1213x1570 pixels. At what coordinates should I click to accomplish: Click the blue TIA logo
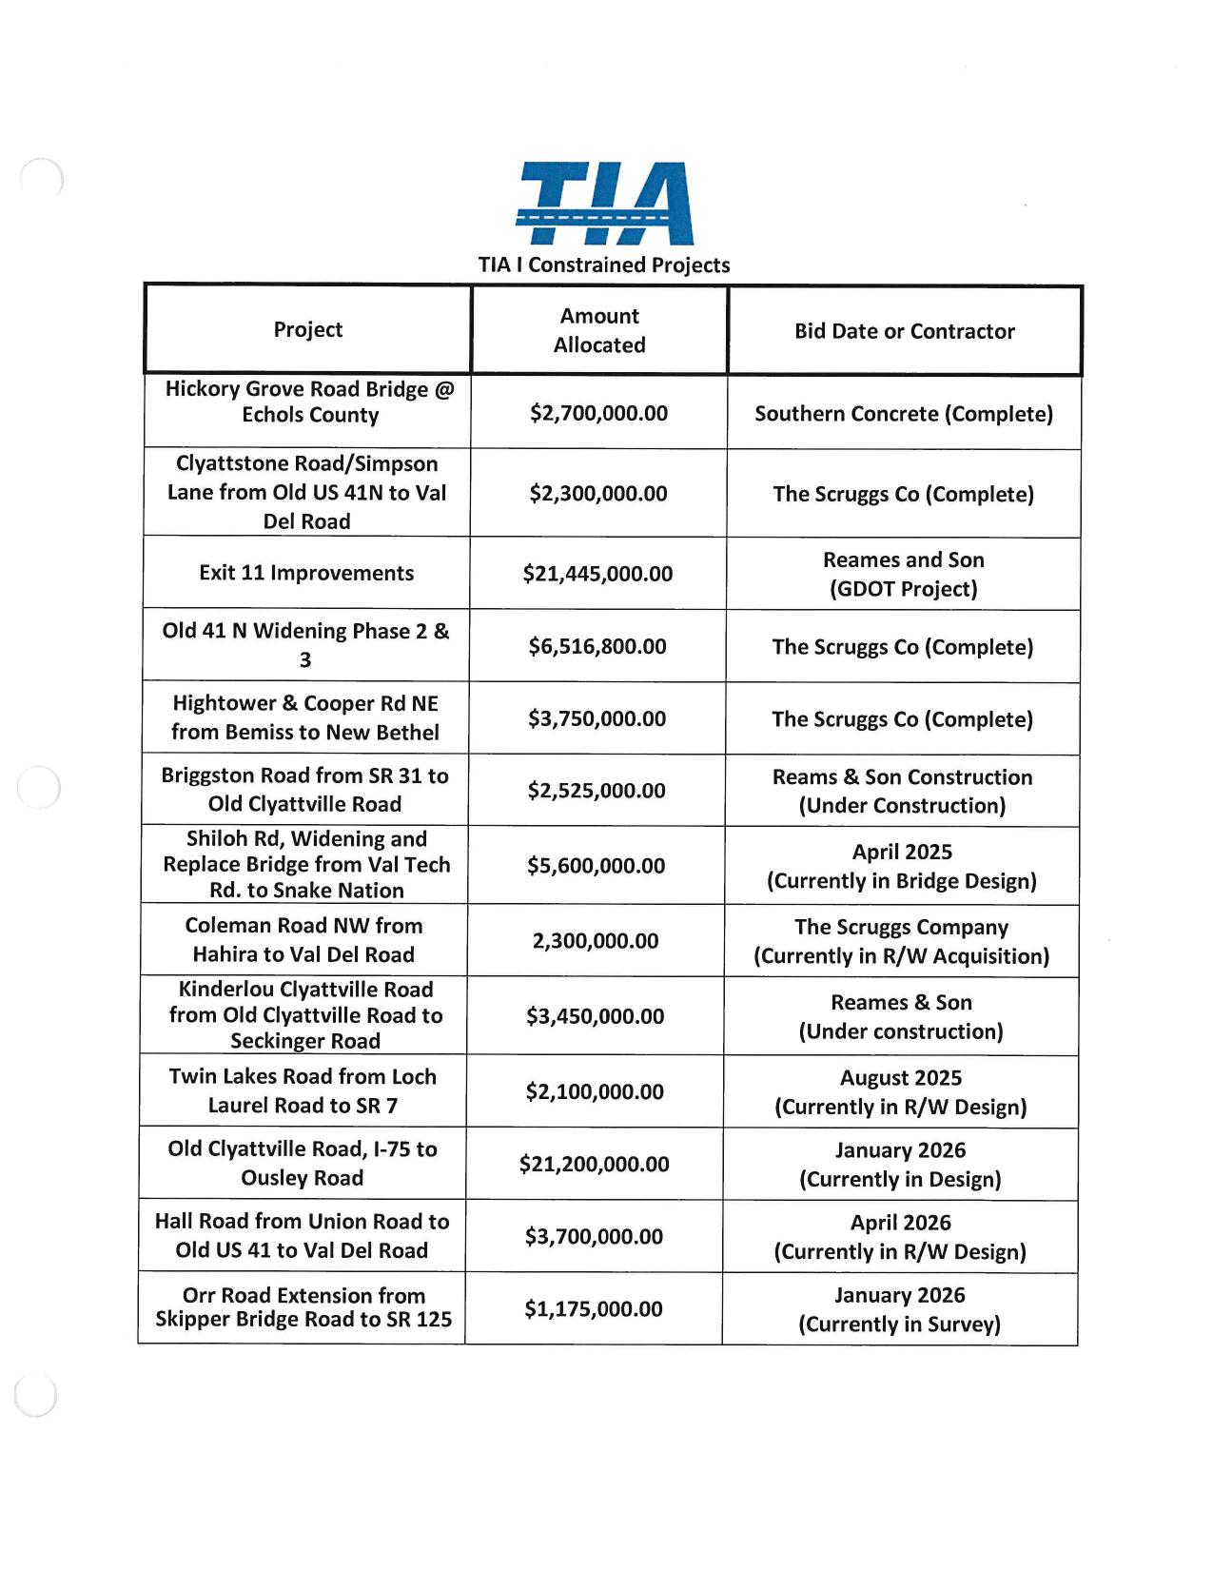pos(604,204)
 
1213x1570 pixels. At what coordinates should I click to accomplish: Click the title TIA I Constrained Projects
pos(604,265)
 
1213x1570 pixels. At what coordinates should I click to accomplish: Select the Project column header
pos(307,329)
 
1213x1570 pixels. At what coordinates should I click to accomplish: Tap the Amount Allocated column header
pos(599,330)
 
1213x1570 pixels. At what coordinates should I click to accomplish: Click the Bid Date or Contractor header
pos(904,331)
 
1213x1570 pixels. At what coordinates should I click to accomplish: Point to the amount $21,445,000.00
pos(597,574)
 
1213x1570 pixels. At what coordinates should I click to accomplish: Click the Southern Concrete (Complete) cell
pos(903,414)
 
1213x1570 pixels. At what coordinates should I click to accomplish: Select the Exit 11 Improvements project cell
pos(306,573)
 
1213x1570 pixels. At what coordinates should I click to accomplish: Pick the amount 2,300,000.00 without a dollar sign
pos(596,941)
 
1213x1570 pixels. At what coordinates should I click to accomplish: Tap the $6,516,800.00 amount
pos(597,646)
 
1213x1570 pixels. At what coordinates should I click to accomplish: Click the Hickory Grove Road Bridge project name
pos(309,402)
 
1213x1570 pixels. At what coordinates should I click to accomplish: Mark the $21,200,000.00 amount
pos(595,1164)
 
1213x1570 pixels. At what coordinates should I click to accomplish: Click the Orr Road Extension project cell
pos(303,1307)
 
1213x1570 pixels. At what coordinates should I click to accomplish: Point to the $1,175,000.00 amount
pos(594,1308)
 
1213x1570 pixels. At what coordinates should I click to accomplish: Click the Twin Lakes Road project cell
pos(303,1090)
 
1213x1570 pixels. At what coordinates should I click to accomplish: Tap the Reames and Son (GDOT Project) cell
pos(903,574)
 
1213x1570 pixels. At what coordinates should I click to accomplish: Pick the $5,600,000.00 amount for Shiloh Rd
pos(597,866)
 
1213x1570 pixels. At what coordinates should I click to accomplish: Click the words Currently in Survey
pos(899,1324)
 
